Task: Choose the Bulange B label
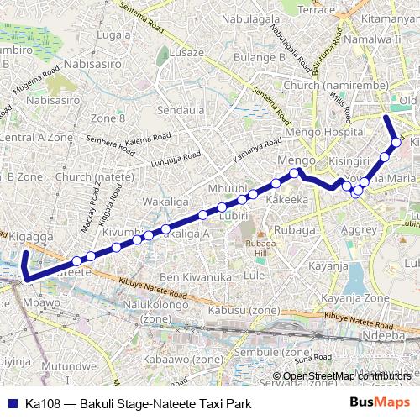[255, 57]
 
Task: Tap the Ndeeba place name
[388, 333]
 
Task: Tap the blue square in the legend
[11, 404]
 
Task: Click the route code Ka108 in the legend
[40, 404]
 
